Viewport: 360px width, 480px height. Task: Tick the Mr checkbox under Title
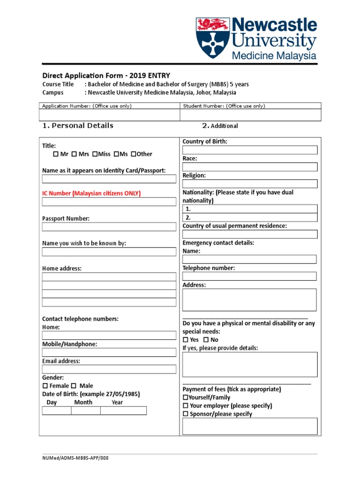(56, 154)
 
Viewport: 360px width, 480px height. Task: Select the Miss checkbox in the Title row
(95, 154)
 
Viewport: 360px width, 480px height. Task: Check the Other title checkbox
(133, 154)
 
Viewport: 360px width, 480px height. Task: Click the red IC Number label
(91, 193)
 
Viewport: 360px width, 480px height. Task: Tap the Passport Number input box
(109, 227)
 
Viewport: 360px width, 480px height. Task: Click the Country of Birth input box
(250, 150)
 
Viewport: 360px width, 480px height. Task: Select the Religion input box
(250, 184)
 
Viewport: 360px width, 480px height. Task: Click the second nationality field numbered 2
(250, 217)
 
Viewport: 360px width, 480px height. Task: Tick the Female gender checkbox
(45, 386)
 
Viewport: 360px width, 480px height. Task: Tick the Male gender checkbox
(74, 386)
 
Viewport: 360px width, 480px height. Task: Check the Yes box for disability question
(186, 340)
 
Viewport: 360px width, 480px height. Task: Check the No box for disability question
(206, 340)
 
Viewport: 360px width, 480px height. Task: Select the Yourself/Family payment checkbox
(185, 397)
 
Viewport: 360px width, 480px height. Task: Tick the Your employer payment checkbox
(186, 406)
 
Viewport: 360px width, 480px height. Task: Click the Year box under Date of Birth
(123, 411)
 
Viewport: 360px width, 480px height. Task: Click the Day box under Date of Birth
(57, 411)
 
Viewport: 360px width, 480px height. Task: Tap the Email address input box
(109, 369)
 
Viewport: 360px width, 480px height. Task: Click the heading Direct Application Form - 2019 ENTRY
(106, 75)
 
